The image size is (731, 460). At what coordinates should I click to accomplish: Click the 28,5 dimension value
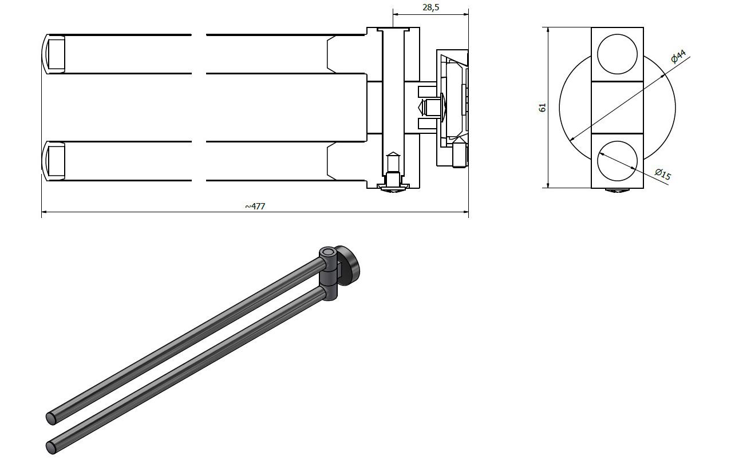[x=431, y=7]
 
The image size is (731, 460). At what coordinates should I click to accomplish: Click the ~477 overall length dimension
[x=255, y=206]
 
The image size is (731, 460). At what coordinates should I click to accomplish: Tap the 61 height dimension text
[x=542, y=108]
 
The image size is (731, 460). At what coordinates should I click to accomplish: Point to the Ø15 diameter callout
[x=663, y=174]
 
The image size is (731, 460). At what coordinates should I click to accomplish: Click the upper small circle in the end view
[x=617, y=54]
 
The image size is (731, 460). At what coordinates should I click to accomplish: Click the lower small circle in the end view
[x=617, y=161]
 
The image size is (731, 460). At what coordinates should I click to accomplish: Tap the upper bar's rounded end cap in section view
[x=53, y=54]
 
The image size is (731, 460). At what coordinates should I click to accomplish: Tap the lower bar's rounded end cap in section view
[x=53, y=161]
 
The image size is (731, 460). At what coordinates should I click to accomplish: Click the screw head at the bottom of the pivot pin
[x=393, y=189]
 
